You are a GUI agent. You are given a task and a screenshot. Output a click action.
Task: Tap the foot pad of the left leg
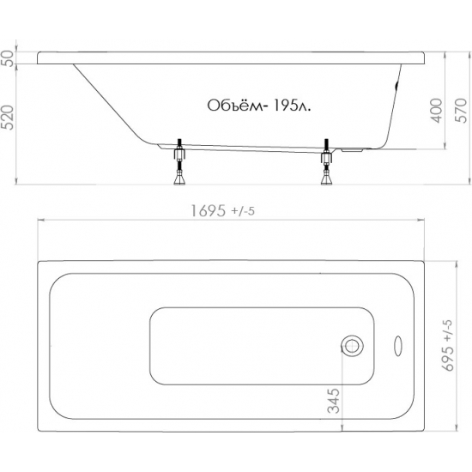click(x=179, y=179)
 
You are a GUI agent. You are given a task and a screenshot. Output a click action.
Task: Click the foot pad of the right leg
click(x=326, y=179)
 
